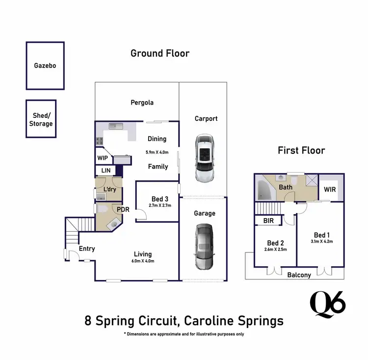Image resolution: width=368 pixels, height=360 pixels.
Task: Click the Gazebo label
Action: click(45, 65)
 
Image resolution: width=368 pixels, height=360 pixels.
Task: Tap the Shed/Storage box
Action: click(41, 120)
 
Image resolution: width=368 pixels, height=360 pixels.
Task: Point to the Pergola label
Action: click(142, 103)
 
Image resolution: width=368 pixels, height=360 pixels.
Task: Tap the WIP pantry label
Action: click(103, 158)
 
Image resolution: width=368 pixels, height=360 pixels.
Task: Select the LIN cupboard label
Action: click(105, 171)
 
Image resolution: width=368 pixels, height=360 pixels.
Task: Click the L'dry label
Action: click(110, 190)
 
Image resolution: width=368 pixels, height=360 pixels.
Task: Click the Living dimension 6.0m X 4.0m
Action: click(143, 261)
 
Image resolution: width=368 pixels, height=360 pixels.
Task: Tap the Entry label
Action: click(87, 249)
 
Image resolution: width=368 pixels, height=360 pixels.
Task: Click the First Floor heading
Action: click(301, 151)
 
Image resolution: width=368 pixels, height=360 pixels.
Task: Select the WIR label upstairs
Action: click(330, 189)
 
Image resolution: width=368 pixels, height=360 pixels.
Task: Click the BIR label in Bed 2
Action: click(268, 221)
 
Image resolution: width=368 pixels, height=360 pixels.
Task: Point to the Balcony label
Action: click(299, 275)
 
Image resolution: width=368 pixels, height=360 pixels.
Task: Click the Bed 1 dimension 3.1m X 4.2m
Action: click(321, 241)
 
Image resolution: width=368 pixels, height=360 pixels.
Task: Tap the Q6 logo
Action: click(328, 303)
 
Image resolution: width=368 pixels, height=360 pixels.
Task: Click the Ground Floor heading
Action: click(159, 53)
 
